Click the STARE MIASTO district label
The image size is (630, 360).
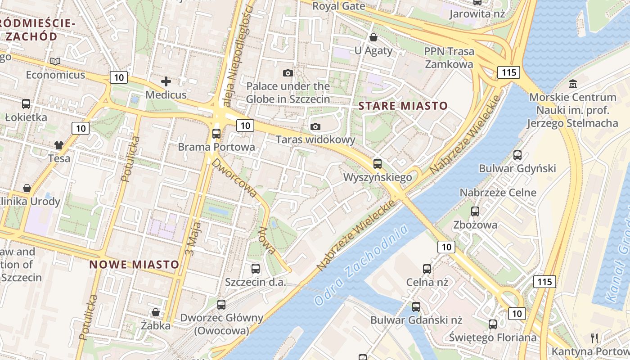(x=403, y=106)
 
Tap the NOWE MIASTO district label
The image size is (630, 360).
(x=135, y=264)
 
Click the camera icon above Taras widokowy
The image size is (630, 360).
(x=315, y=126)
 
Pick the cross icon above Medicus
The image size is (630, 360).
(x=166, y=81)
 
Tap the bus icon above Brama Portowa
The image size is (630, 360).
(x=216, y=134)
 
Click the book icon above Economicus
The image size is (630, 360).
(x=55, y=61)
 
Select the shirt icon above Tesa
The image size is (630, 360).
(x=59, y=145)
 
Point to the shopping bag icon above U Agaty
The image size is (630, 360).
(x=373, y=37)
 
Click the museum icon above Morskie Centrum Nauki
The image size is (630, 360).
(x=573, y=84)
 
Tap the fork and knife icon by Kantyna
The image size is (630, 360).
(x=594, y=338)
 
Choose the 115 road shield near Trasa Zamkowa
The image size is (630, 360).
(x=508, y=72)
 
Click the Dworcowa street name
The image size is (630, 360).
(x=235, y=178)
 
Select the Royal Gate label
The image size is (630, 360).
(x=338, y=6)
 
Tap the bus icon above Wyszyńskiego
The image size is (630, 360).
(x=377, y=164)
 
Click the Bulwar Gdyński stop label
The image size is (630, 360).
(x=517, y=169)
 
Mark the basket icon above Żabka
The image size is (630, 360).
(x=156, y=312)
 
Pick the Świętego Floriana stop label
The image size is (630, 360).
(x=493, y=337)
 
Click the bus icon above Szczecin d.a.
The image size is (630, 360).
(x=256, y=269)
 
